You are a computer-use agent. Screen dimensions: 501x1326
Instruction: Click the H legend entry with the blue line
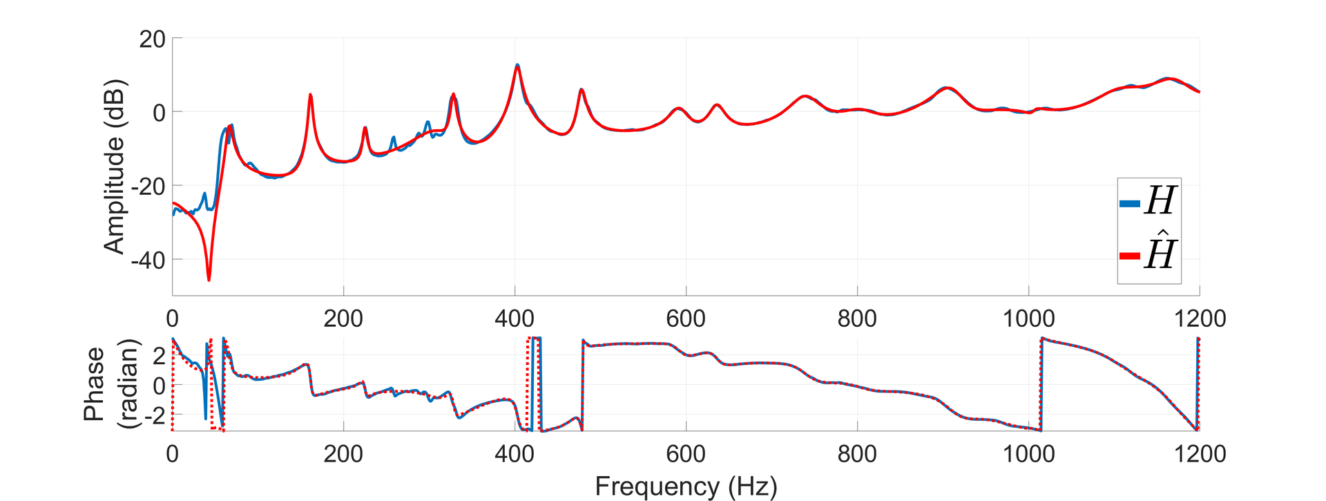click(x=1149, y=202)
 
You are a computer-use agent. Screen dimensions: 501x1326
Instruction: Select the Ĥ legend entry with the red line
click(x=1149, y=254)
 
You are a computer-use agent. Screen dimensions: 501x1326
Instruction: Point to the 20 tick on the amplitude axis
click(x=152, y=39)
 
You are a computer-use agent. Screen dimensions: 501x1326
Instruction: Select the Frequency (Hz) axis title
click(x=686, y=486)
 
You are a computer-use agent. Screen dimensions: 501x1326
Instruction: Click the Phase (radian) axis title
click(x=110, y=384)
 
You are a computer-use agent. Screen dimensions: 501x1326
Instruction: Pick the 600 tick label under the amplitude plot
click(x=686, y=319)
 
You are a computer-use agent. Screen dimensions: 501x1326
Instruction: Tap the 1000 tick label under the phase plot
click(x=1028, y=454)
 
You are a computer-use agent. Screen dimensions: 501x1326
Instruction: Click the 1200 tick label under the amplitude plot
click(x=1199, y=319)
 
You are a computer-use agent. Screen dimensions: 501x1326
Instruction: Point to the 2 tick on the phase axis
click(x=160, y=356)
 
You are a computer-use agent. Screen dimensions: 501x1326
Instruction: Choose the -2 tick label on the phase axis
click(x=155, y=415)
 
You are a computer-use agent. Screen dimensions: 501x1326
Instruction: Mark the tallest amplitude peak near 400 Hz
click(x=517, y=66)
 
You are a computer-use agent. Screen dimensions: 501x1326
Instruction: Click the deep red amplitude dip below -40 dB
click(x=209, y=278)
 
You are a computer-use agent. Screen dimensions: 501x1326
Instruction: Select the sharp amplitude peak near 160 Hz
click(x=311, y=95)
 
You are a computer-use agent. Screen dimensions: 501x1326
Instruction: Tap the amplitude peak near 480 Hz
click(x=582, y=91)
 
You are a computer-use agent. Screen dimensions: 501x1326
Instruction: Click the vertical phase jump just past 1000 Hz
click(x=1041, y=384)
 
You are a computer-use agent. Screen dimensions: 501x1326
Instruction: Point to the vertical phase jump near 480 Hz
click(x=583, y=384)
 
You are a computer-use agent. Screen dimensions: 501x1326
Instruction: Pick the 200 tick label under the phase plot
click(x=343, y=454)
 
